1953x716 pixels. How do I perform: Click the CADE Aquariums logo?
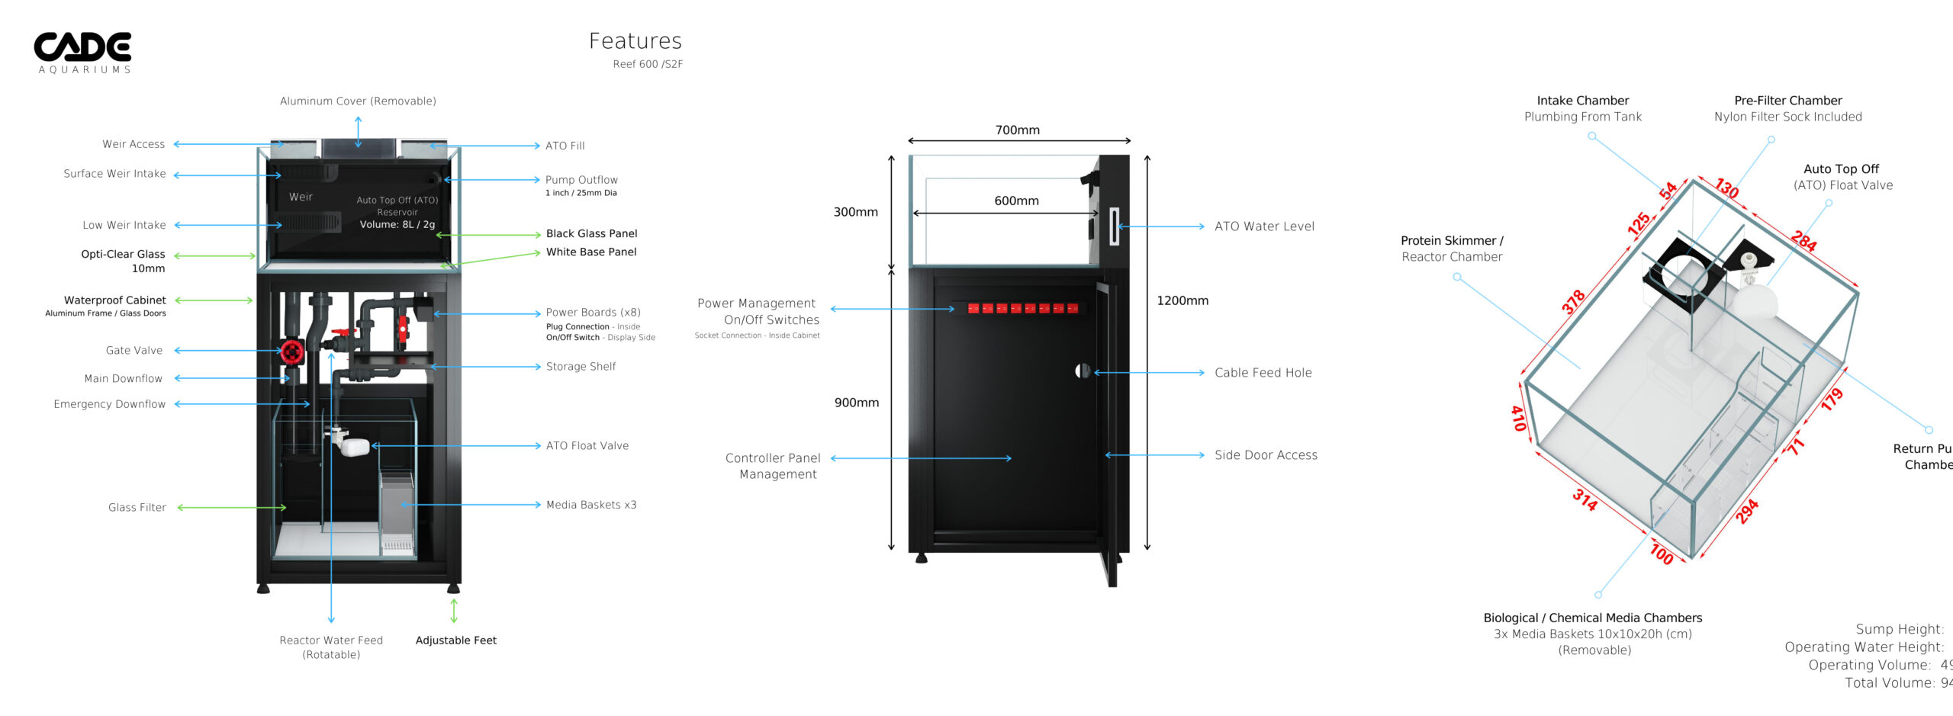point(82,52)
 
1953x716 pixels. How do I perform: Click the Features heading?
point(635,41)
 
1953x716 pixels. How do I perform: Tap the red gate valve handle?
point(291,352)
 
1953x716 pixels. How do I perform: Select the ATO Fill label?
point(565,146)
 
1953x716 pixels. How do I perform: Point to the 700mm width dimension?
point(1017,130)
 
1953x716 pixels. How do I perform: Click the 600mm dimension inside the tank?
point(1016,201)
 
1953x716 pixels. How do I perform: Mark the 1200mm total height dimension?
point(1182,300)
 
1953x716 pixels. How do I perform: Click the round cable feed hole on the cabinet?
point(1082,371)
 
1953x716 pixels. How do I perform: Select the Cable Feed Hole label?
point(1263,373)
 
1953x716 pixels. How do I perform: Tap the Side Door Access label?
point(1266,455)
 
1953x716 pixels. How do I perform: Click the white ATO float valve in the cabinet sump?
point(353,446)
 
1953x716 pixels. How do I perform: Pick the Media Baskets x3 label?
point(590,505)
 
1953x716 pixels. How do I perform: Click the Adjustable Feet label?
point(455,641)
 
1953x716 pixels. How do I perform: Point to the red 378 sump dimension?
point(1573,302)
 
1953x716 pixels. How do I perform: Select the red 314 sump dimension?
point(1585,499)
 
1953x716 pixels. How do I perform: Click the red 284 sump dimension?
point(1803,240)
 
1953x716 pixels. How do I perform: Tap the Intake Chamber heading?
point(1582,101)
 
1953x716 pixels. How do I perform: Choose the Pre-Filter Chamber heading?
point(1787,101)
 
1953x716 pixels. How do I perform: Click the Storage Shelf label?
point(581,367)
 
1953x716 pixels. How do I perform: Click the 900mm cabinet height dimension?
point(856,403)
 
